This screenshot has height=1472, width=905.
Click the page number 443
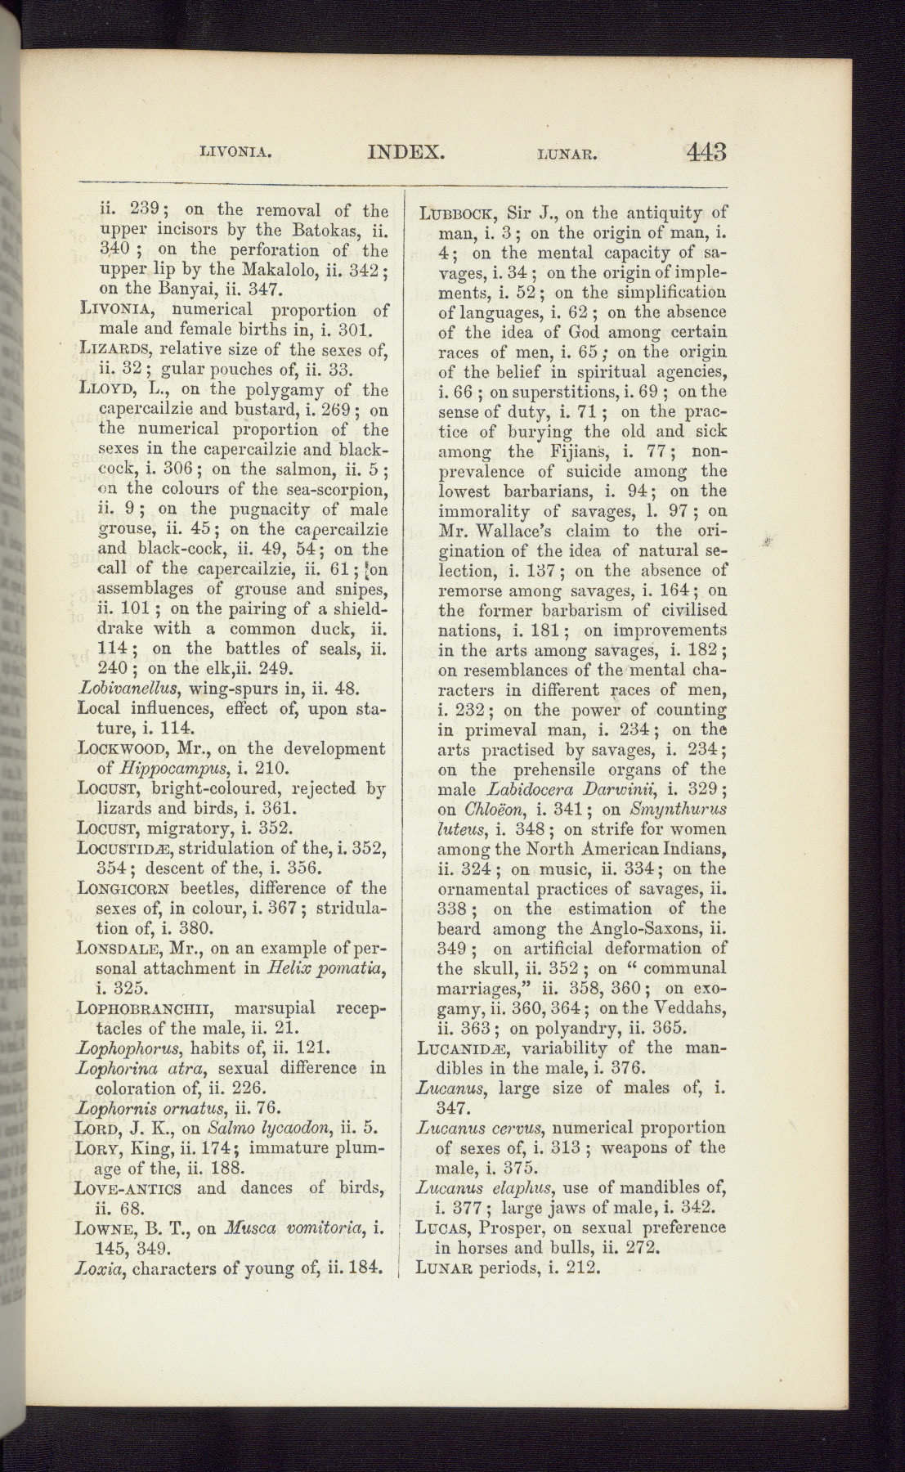click(x=706, y=152)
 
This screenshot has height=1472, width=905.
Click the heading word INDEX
click(x=405, y=152)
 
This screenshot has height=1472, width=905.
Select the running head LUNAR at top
click(x=569, y=153)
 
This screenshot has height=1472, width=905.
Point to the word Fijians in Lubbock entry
click(x=581, y=451)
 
